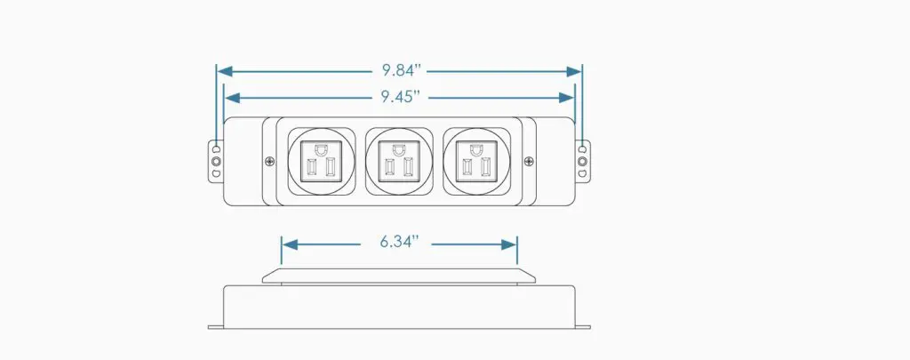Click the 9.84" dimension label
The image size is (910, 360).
coord(401,71)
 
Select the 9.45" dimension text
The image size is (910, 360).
coord(401,97)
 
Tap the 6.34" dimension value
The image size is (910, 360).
coord(399,242)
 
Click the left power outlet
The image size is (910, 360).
coord(322,162)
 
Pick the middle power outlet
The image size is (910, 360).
coord(399,162)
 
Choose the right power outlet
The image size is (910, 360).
coord(476,162)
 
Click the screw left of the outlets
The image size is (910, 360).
coord(269,162)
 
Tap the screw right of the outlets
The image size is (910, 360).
coord(529,162)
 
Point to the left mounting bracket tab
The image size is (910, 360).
coord(216,162)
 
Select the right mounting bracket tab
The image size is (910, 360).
coord(583,162)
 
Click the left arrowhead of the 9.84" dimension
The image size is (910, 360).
coord(225,71)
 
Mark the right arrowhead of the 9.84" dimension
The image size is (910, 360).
coord(574,71)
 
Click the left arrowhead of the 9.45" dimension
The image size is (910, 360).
coord(233,98)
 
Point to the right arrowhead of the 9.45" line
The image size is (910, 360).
coord(566,98)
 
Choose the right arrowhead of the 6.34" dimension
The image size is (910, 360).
coord(508,244)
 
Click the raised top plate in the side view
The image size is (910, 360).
coord(399,276)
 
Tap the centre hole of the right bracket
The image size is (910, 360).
coord(583,162)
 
